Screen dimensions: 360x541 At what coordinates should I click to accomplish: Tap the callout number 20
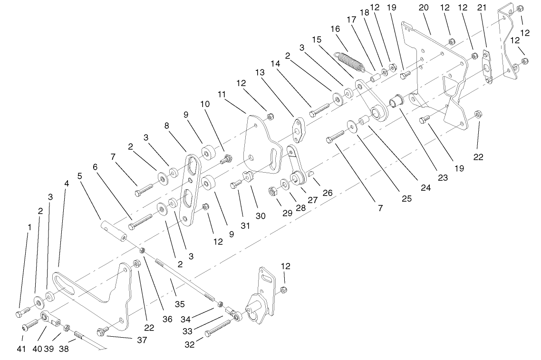(424, 8)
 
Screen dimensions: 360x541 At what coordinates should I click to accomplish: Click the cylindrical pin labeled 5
(113, 229)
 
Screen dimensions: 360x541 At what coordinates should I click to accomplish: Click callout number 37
(141, 340)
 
